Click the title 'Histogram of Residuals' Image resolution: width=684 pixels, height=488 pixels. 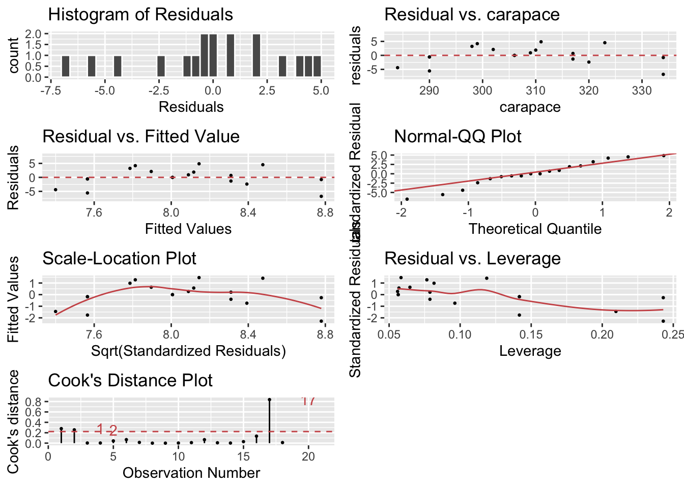pos(140,14)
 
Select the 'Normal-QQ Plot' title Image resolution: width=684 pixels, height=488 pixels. pos(458,136)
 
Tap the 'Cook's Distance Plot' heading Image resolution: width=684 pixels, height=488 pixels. pos(130,380)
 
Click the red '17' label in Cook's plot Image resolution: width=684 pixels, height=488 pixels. pos(308,401)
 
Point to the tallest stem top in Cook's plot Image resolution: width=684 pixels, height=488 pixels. pos(269,400)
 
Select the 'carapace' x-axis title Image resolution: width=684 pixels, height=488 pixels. pos(530,107)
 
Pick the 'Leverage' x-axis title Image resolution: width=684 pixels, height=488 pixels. pos(530,351)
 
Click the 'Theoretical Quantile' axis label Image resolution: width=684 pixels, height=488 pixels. pos(535,229)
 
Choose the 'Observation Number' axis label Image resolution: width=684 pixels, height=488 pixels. pos(191,473)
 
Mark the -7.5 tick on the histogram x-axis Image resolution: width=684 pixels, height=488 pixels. pos(50,90)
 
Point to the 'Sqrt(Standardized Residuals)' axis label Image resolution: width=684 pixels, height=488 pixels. pos(188,351)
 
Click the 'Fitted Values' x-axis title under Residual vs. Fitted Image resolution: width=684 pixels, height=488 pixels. pos(188,229)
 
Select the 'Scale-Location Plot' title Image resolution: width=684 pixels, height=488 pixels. pos(119,258)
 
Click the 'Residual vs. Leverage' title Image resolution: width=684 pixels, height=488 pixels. pos(472,258)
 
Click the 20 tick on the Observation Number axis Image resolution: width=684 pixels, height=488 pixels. pos(308,456)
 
